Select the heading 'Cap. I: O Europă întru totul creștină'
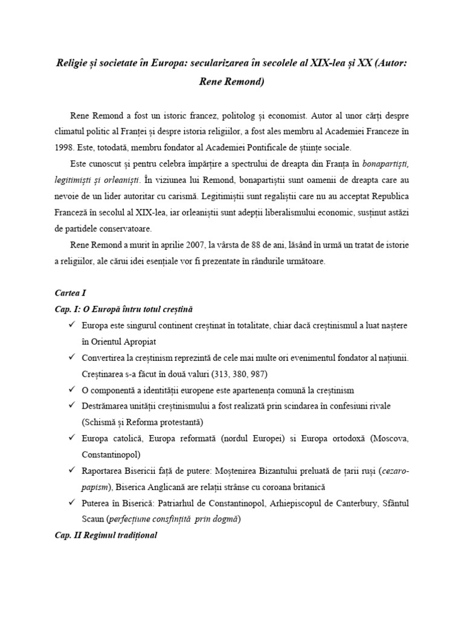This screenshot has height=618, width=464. (x=123, y=309)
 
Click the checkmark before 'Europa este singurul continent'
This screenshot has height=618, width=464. (x=73, y=325)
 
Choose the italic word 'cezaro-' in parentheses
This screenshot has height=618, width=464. (x=395, y=471)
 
